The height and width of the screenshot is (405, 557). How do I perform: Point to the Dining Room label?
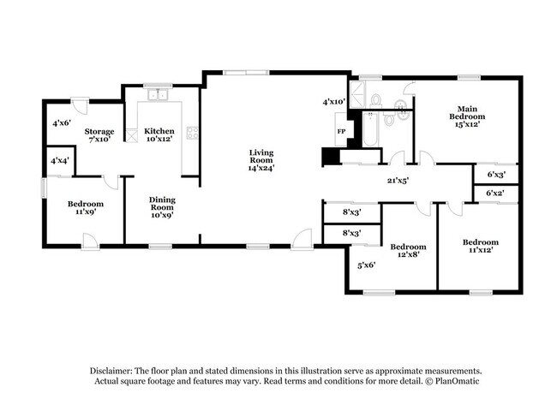click(162, 205)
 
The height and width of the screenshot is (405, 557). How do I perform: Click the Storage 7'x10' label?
click(99, 135)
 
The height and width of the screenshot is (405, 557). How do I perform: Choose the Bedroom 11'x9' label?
click(86, 208)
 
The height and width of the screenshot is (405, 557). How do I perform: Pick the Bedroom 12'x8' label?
click(408, 251)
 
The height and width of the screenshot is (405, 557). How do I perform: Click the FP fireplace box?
click(340, 131)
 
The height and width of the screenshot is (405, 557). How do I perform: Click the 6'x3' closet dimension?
click(495, 175)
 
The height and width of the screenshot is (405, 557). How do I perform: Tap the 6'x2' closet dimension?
click(495, 194)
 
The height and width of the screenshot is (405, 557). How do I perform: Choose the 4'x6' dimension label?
click(62, 123)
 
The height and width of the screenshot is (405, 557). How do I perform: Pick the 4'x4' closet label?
click(60, 161)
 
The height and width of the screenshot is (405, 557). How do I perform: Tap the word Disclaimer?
click(116, 370)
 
